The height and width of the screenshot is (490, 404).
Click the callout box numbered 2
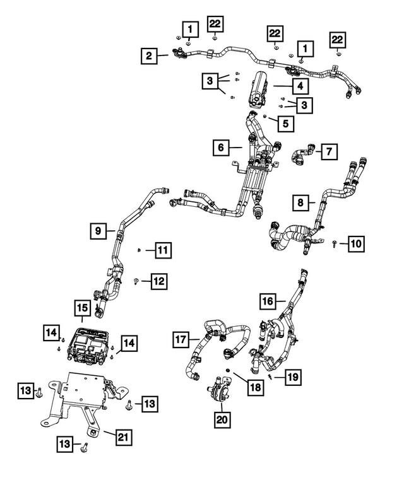(x=149, y=57)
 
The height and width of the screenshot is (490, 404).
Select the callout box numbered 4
(x=300, y=85)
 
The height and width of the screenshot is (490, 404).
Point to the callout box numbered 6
(x=222, y=148)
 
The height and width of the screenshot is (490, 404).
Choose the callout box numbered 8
(x=301, y=203)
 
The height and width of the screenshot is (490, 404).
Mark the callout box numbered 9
(x=98, y=231)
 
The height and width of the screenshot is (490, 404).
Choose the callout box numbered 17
(x=182, y=340)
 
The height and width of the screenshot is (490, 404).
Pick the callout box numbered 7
(x=329, y=151)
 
